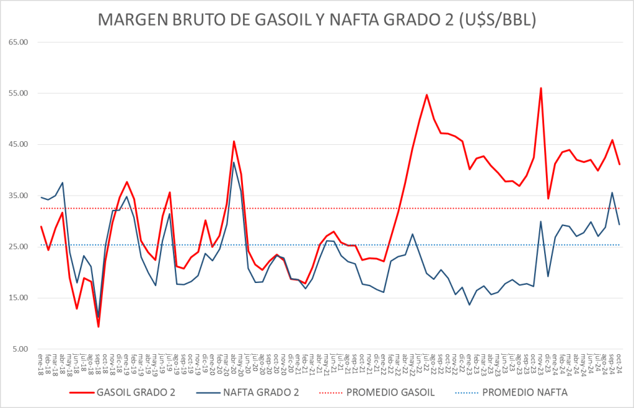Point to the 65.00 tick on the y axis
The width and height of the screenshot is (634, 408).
(19, 42)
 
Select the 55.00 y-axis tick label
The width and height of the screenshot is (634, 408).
(19, 93)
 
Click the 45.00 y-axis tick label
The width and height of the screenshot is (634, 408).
(19, 144)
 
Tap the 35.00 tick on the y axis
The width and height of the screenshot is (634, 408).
(19, 196)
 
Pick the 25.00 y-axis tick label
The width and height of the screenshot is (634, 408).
(19, 247)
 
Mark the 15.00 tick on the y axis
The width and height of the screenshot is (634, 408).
(19, 298)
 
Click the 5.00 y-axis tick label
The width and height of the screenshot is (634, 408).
(20, 349)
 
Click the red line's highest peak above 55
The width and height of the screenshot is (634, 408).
(541, 88)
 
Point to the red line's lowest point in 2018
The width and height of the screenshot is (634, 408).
(99, 326)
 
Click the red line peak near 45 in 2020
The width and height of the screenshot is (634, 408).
(234, 141)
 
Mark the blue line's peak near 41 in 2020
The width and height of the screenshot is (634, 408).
(234, 162)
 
